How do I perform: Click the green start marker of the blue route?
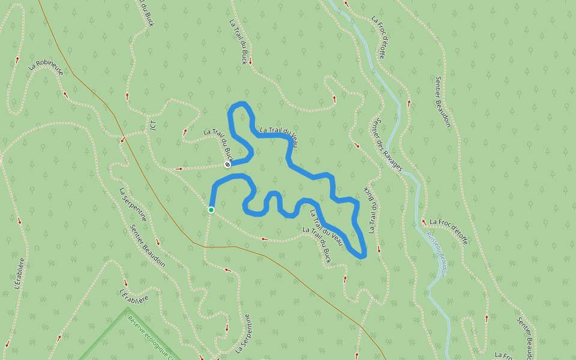click(211, 209)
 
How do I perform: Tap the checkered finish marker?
click(227, 164)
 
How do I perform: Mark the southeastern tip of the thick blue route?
click(362, 256)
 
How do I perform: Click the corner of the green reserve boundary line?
click(127, 310)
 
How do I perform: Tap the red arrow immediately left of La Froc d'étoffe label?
click(425, 223)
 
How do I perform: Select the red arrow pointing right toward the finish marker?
click(179, 169)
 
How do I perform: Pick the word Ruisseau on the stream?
click(430, 241)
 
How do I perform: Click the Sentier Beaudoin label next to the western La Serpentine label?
click(148, 245)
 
